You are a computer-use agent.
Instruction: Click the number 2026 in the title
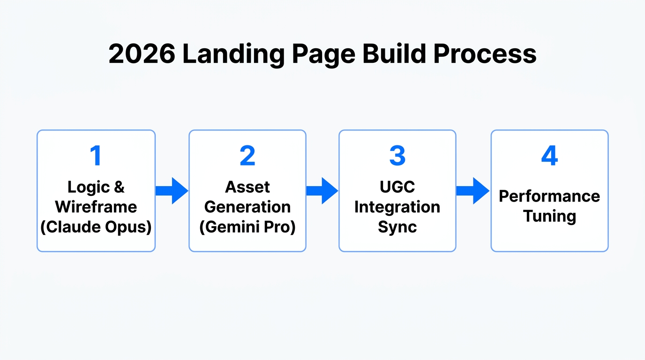pos(142,54)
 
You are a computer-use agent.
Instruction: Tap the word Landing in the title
pos(233,54)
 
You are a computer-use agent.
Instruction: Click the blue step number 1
pos(96,156)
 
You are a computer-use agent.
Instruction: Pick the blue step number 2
pos(247,156)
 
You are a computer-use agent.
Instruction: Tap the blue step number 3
pos(397,156)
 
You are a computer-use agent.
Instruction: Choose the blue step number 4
pos(549,156)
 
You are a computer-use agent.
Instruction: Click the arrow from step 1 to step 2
pos(172,191)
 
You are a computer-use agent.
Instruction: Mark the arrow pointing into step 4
pos(473,191)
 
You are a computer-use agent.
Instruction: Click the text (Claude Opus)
pos(96,227)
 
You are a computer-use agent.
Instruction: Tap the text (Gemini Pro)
pos(247,227)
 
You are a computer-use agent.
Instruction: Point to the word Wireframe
pos(96,207)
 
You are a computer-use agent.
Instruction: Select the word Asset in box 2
pos(247,187)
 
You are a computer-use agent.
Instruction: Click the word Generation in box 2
pos(247,207)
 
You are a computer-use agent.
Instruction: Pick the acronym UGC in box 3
pos(397,187)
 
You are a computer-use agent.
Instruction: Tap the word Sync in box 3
pos(397,227)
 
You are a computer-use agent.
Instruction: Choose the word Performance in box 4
pos(549,196)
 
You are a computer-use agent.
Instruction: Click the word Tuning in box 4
pos(549,217)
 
